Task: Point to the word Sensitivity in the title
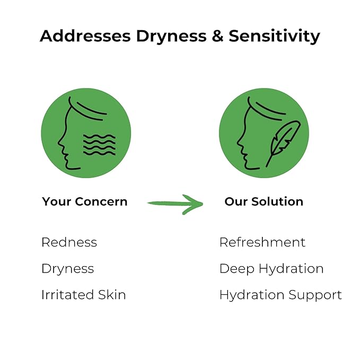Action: (275, 36)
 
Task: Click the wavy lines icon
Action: (99, 145)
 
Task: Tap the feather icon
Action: (283, 142)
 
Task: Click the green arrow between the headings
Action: (175, 203)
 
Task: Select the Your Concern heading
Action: (85, 201)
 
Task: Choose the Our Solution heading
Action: (264, 201)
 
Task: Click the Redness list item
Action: (69, 242)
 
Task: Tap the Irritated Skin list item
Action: (83, 295)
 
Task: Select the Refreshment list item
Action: (262, 242)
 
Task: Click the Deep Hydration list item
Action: (271, 269)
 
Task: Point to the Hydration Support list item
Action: (280, 295)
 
